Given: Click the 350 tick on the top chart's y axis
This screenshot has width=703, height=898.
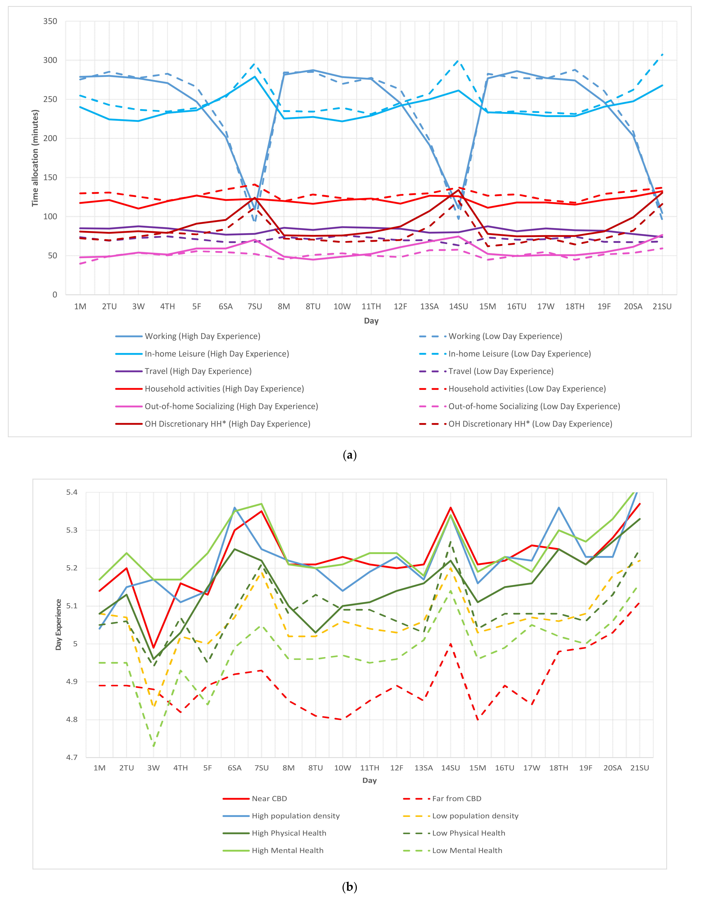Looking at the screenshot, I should pyautogui.click(x=50, y=21).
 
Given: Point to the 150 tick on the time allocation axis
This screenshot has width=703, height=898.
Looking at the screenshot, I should pyautogui.click(x=50, y=178).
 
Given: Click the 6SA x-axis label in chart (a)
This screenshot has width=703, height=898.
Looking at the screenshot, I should pyautogui.click(x=226, y=307).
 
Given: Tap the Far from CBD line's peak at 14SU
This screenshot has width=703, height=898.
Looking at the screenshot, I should pyautogui.click(x=451, y=644).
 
